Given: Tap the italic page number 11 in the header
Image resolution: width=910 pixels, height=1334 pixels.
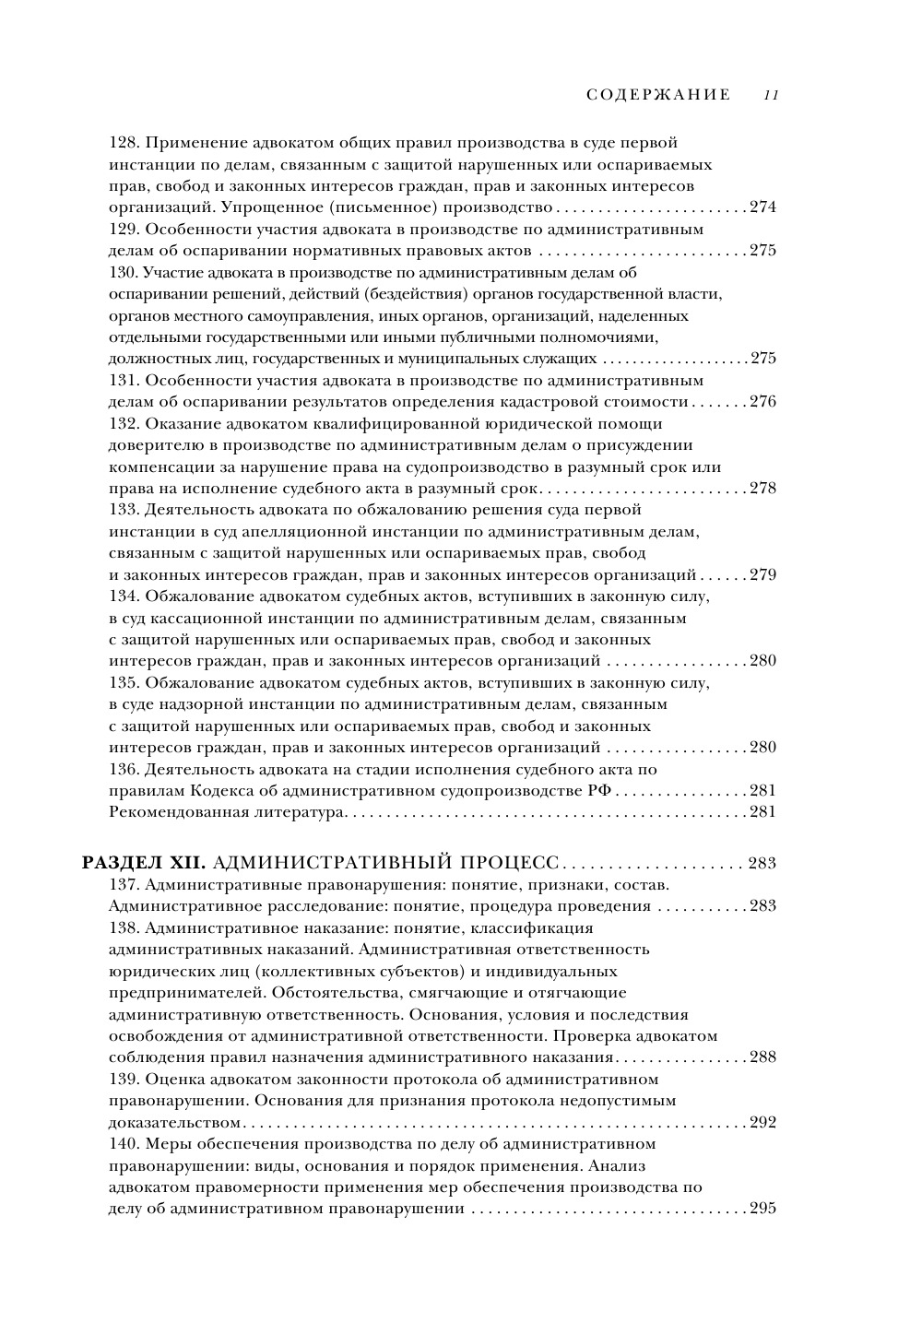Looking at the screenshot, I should pos(772,95).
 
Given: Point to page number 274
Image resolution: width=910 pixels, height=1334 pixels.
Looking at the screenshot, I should pos(762,207).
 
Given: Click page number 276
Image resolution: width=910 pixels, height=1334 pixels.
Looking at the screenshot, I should pos(762,402).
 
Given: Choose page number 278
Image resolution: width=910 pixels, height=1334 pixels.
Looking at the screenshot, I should pos(762,489).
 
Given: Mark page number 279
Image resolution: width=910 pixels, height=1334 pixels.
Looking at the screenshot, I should pos(762,575).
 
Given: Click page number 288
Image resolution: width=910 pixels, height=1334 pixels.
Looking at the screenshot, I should pos(762,1057).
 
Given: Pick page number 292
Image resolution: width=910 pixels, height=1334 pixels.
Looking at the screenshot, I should pos(762,1123).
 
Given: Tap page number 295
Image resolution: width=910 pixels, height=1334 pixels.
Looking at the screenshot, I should pos(762,1209).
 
